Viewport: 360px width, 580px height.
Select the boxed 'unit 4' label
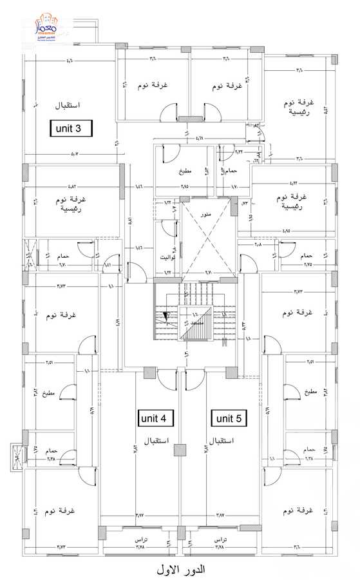(x=155, y=418)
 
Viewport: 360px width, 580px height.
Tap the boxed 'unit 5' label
(x=229, y=418)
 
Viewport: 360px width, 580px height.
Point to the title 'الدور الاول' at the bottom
(x=180, y=570)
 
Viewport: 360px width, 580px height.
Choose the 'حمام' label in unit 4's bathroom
(x=52, y=450)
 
